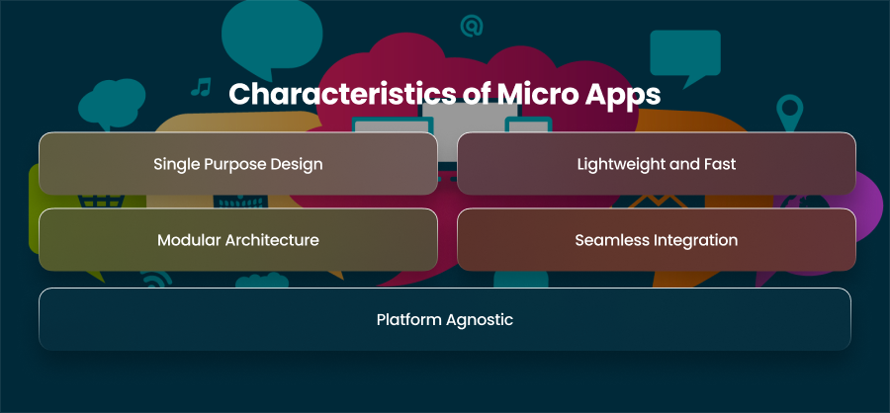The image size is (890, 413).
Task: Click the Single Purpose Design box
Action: pyautogui.click(x=237, y=163)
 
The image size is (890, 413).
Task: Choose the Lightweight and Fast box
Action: pyautogui.click(x=657, y=163)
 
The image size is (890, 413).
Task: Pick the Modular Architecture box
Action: pyautogui.click(x=237, y=239)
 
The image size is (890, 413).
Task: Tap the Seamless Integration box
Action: pyautogui.click(x=657, y=239)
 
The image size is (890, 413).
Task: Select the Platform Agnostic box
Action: pyautogui.click(x=444, y=319)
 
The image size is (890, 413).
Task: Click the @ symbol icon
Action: pyautogui.click(x=471, y=26)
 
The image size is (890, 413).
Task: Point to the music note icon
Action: pyautogui.click(x=201, y=86)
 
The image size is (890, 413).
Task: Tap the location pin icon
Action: pyautogui.click(x=789, y=113)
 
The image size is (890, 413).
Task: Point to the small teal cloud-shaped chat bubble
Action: pyautogui.click(x=112, y=103)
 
